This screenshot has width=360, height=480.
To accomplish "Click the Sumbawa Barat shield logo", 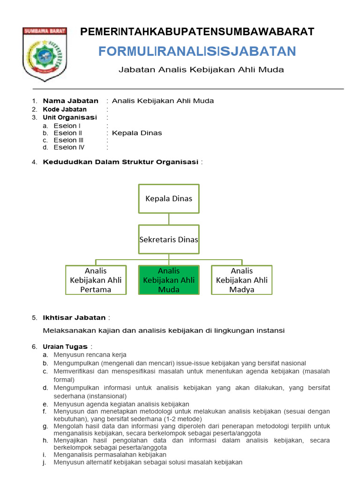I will tap(45, 54).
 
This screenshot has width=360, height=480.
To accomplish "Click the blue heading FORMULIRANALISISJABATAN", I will tap(197, 52).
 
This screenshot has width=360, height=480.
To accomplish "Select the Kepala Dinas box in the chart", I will tap(169, 198).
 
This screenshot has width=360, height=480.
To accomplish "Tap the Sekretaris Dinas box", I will tap(169, 240).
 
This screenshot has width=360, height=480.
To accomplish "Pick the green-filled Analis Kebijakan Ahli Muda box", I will tap(169, 280).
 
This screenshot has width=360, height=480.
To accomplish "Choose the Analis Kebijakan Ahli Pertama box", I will tap(96, 280).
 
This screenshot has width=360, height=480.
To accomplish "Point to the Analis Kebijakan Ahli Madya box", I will tap(242, 280).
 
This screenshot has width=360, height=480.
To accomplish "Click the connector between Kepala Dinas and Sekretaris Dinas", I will tap(169, 219).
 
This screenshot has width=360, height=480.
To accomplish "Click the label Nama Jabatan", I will tap(71, 101).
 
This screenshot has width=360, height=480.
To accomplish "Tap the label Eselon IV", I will tap(69, 148).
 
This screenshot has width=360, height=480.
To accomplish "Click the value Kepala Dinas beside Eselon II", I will tap(137, 133).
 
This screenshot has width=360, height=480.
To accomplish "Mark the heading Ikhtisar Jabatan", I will tap(75, 318).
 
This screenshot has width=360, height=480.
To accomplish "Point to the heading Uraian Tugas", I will tap(65, 347).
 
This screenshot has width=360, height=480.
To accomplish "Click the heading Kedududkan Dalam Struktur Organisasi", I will tap(121, 163).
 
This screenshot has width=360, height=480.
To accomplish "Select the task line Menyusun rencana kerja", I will tap(90, 355).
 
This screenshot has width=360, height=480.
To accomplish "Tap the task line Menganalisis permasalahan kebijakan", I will tap(110, 455).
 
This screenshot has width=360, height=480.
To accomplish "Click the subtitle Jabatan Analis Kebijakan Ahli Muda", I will tap(201, 70).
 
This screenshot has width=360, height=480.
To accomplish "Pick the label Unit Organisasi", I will tap(70, 118).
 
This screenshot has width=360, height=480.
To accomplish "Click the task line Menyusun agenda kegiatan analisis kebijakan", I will tap(121, 404).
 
